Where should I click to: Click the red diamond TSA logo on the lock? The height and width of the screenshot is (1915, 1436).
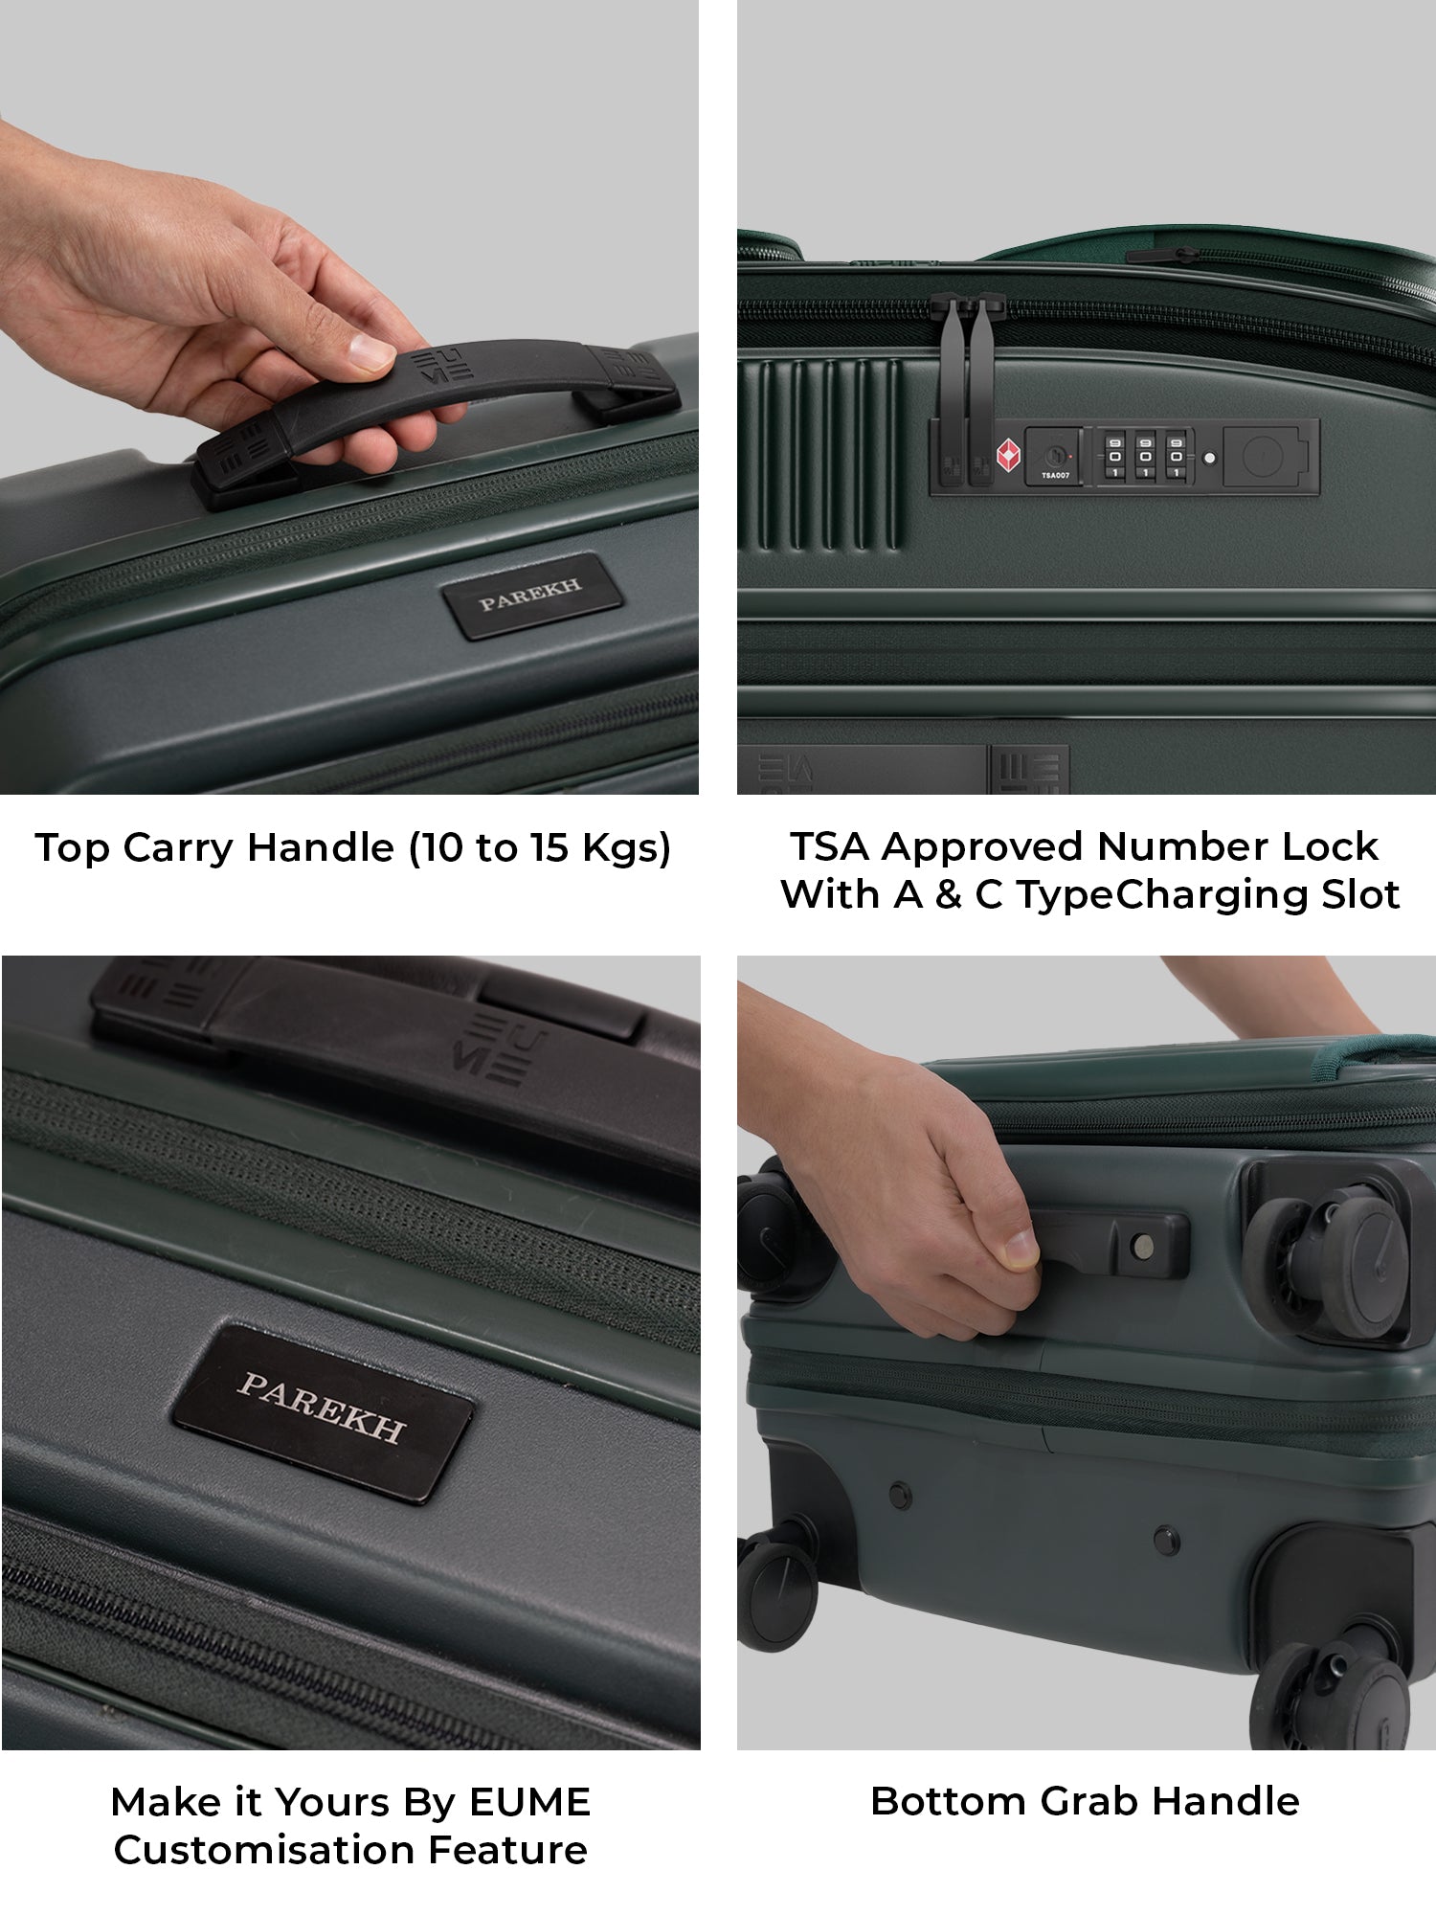pyautogui.click(x=1008, y=456)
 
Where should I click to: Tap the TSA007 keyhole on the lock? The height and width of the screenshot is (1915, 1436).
pyautogui.click(x=1054, y=456)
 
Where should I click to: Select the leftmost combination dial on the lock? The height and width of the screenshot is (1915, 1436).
pyautogui.click(x=1114, y=456)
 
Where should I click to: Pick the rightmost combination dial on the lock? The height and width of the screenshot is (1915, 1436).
pyautogui.click(x=1176, y=456)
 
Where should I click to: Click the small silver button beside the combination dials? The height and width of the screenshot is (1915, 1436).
pyautogui.click(x=1209, y=458)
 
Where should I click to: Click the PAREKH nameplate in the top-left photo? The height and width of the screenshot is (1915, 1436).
pyautogui.click(x=531, y=596)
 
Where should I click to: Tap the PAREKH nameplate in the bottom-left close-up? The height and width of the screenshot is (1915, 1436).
pyautogui.click(x=322, y=1413)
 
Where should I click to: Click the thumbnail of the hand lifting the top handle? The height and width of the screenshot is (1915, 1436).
pyautogui.click(x=349, y=397)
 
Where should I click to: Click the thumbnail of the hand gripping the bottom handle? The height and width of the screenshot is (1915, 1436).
pyautogui.click(x=1087, y=1352)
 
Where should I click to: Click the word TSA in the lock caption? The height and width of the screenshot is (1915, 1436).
pyautogui.click(x=829, y=846)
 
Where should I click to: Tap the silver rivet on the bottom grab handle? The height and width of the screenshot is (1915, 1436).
pyautogui.click(x=1141, y=1246)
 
